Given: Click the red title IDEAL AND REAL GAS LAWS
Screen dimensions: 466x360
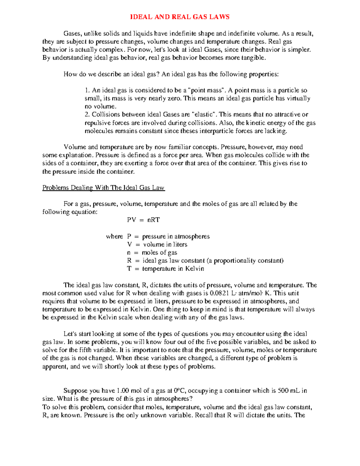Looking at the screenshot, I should pyautogui.click(x=180, y=17).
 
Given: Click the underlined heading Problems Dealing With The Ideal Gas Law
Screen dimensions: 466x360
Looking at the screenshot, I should pyautogui.click(x=103, y=188).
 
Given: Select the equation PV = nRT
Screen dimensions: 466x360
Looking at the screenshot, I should pyautogui.click(x=143, y=220).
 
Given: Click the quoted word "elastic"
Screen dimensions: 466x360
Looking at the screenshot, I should pyautogui.click(x=205, y=114).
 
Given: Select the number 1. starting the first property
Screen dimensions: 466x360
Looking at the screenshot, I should pyautogui.click(x=87, y=90).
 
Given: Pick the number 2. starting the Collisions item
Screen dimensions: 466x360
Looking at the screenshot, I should pyautogui.click(x=88, y=114).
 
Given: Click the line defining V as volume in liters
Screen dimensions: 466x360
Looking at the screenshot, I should pyautogui.click(x=157, y=245).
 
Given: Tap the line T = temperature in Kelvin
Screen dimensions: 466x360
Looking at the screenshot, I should pyautogui.click(x=166, y=269).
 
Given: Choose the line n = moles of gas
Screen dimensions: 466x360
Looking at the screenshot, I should pyautogui.click(x=152, y=253).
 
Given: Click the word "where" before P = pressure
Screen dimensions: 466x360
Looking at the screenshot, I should pyautogui.click(x=114, y=236).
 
